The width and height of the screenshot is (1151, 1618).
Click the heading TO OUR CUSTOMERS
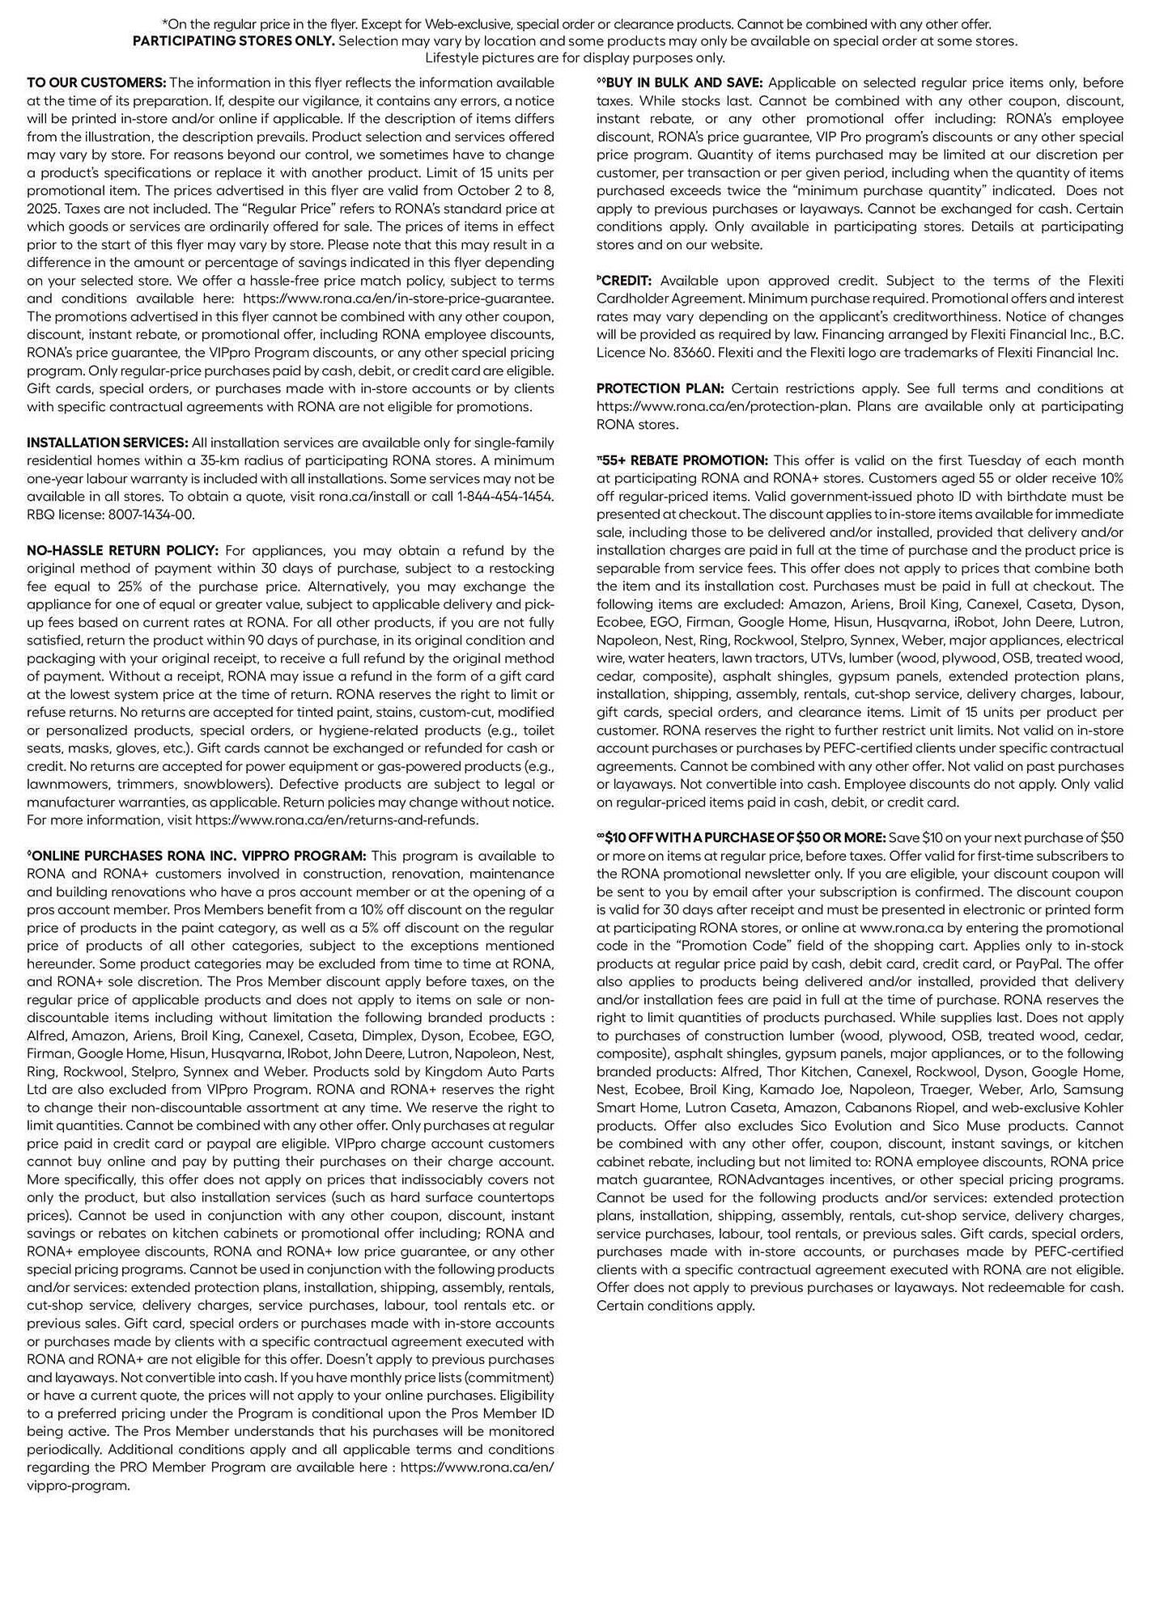coord(96,83)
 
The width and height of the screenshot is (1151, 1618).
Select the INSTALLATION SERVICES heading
coord(108,443)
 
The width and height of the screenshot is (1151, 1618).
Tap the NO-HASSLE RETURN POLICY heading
coord(122,550)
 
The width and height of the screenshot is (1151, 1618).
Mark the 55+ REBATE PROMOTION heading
coord(685,460)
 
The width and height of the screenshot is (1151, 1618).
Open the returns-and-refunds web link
coord(337,820)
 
